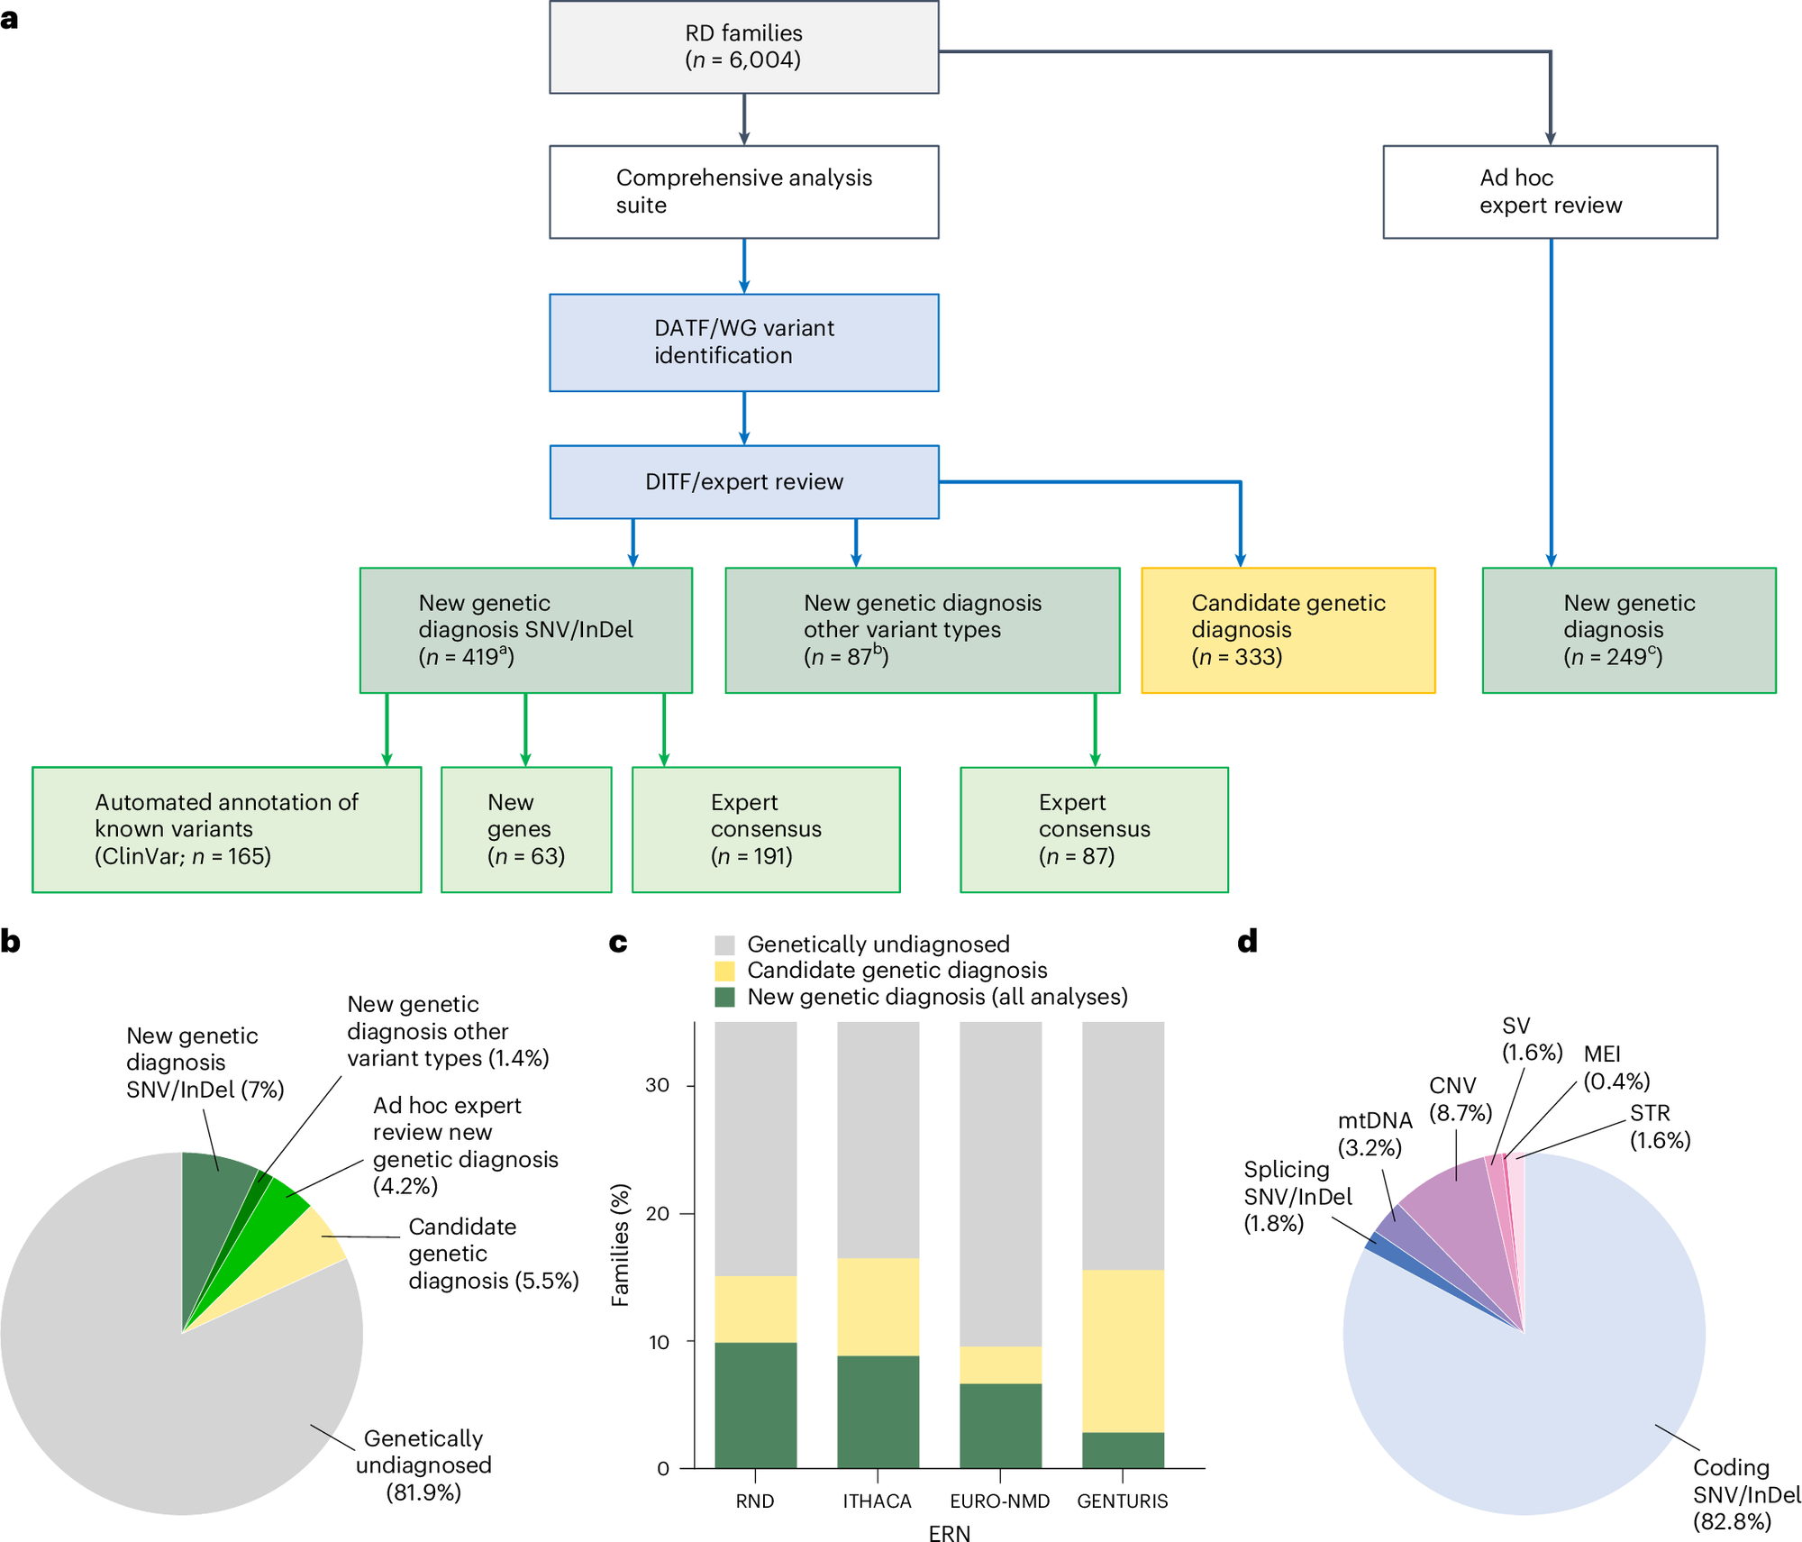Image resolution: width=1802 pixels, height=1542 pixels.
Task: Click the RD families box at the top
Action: pos(743,47)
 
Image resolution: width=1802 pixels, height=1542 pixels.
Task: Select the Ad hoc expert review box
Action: pos(1550,192)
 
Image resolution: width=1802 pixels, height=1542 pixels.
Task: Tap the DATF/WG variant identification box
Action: pos(743,342)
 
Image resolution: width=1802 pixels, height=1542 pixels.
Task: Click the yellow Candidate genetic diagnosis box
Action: pos(1288,630)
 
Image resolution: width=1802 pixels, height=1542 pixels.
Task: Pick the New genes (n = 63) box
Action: pos(526,829)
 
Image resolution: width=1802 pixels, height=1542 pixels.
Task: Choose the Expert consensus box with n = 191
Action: pos(766,829)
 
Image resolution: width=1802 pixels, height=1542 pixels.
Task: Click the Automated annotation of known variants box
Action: pos(226,829)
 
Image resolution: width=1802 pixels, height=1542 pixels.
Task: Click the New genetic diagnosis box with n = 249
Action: pos(1628,630)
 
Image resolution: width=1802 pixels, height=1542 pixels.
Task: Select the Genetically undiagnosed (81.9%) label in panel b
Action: pos(423,1464)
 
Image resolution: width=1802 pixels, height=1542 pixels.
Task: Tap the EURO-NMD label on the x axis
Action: pos(1000,1501)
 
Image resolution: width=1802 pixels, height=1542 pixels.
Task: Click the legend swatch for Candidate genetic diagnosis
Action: pos(724,971)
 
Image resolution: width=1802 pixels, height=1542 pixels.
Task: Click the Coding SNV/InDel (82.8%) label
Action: pos(1745,1494)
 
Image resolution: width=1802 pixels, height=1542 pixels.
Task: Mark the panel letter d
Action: pos(1247,942)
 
